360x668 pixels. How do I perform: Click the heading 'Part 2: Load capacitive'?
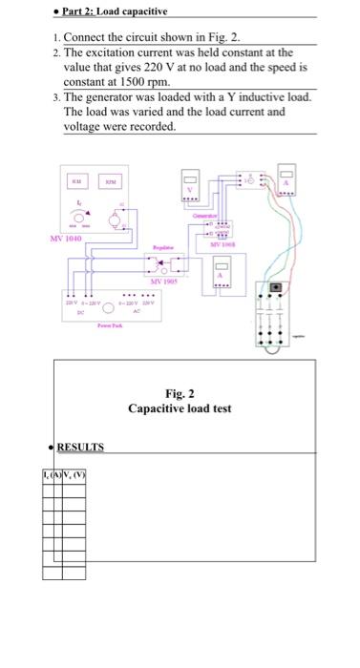(x=112, y=10)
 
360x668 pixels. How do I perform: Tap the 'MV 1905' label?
(x=163, y=282)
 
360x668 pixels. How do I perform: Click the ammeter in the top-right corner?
(x=285, y=187)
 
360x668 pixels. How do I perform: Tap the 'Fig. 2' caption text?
(x=180, y=393)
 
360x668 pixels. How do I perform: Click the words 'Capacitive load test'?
(x=180, y=409)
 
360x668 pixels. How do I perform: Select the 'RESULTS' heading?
(x=80, y=447)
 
